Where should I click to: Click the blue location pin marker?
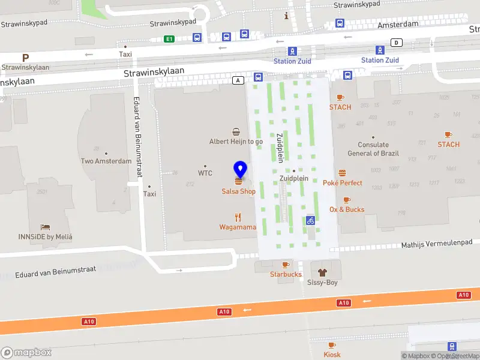click(x=240, y=169)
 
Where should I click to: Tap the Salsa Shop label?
click(x=238, y=191)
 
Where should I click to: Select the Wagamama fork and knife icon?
click(x=238, y=217)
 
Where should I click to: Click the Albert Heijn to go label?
click(x=236, y=142)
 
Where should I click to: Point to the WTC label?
click(x=205, y=173)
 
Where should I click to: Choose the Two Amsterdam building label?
click(x=106, y=161)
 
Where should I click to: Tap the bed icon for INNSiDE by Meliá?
click(x=45, y=227)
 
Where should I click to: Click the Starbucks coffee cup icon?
click(x=286, y=265)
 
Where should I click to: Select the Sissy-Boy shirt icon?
click(x=322, y=272)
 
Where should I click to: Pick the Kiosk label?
click(x=332, y=355)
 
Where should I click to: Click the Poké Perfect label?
click(x=343, y=182)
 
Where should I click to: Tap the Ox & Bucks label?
click(x=347, y=209)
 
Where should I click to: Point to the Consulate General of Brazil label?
click(x=373, y=149)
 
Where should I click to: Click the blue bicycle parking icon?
click(x=310, y=220)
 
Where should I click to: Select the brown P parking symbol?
click(x=25, y=58)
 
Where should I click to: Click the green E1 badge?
click(x=170, y=39)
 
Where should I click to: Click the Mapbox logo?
click(x=26, y=352)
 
